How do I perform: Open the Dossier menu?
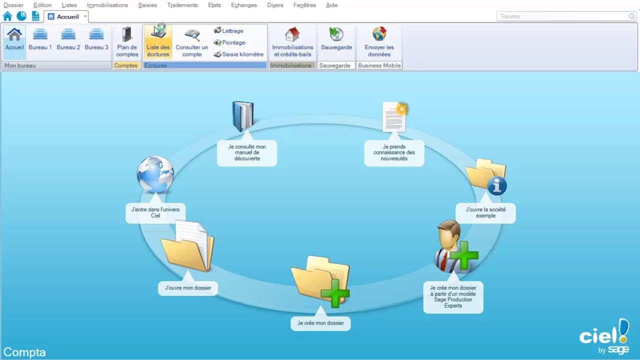pos(13,5)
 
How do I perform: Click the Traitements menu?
pos(182,5)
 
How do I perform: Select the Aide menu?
pos(331,5)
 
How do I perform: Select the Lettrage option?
pos(228,30)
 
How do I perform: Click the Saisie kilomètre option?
pos(238,54)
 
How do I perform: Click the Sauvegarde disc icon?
pos(336,34)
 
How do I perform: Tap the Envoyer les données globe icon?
pos(379,33)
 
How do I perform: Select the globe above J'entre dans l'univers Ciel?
pos(155,174)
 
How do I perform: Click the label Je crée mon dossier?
pos(320,323)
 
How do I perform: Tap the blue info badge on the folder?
pos(497,185)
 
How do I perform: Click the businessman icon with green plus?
pos(455,246)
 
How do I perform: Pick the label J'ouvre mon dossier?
pos(188,288)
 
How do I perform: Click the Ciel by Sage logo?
pos(604,336)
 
